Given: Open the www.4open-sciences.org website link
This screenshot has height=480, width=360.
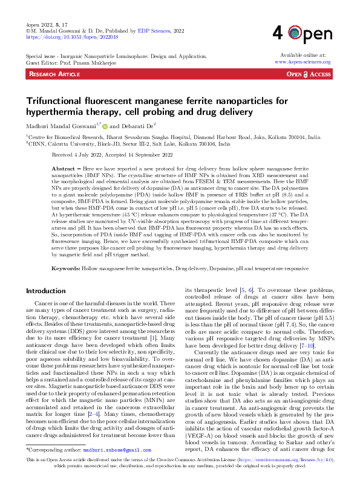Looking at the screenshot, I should (x=302, y=62).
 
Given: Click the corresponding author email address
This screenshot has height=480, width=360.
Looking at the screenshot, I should (x=117, y=450).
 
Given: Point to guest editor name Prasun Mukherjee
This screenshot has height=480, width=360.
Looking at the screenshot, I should (x=83, y=62).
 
